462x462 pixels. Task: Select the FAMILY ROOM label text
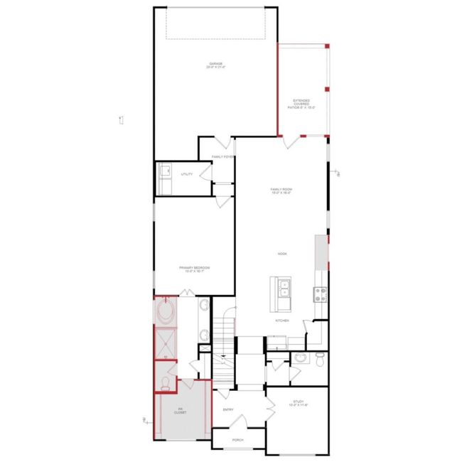[x=281, y=190]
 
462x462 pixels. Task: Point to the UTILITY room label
[x=187, y=173]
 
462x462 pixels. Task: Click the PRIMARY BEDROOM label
[x=194, y=269]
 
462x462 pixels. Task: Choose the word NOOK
[x=282, y=254]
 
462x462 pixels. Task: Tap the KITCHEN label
[x=282, y=321]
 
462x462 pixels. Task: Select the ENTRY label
[x=228, y=409]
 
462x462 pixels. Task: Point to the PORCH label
[x=237, y=440]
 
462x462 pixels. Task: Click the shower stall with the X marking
[x=166, y=343]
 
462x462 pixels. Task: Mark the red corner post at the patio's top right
[x=328, y=45]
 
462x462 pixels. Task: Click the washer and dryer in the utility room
[x=165, y=178]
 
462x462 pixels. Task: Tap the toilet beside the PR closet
[x=166, y=383]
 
